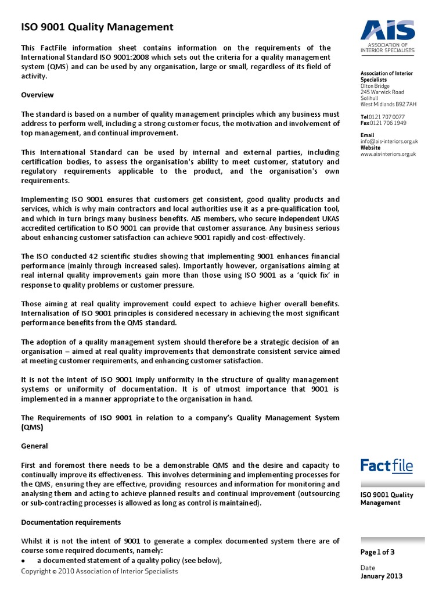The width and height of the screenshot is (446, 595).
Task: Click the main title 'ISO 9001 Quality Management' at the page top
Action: coord(97,27)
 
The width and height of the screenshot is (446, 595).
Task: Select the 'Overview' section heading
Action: coord(37,95)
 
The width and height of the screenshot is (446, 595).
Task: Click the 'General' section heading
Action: coord(34,446)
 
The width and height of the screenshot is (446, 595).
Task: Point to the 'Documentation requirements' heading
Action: coord(71,522)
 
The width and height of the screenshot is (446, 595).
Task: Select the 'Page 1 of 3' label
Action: coord(377,553)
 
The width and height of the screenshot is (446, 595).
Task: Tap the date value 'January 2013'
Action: coord(382,576)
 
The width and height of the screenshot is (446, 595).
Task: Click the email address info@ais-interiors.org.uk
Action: coord(389,141)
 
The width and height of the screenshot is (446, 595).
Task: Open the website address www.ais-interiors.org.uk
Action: coord(389,154)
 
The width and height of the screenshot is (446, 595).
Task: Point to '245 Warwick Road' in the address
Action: coord(382,92)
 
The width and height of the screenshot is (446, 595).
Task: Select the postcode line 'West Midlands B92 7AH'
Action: coord(388,105)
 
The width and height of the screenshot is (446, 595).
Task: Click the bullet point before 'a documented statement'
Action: coord(23,561)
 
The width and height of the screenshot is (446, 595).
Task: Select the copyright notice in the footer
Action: coord(99,571)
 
